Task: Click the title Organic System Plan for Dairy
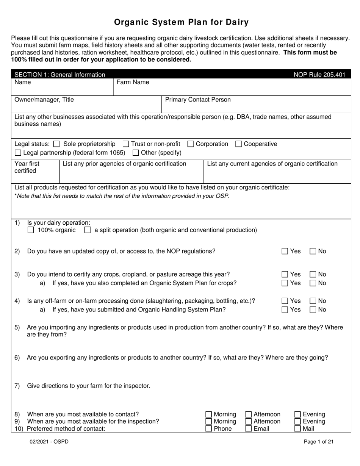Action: (x=182, y=22)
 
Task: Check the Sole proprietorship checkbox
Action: (x=57, y=144)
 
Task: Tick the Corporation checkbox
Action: (x=191, y=144)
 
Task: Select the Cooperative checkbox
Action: (x=239, y=144)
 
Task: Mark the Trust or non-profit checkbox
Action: (x=126, y=144)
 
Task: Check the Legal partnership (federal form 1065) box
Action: (x=18, y=153)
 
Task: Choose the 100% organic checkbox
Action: (x=31, y=230)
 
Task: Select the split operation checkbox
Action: (x=88, y=230)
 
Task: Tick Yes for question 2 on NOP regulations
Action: (x=285, y=251)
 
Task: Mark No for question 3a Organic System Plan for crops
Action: (x=313, y=283)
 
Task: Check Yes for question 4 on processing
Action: (x=285, y=301)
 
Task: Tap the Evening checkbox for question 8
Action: (x=298, y=414)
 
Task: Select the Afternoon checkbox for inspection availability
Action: (x=249, y=422)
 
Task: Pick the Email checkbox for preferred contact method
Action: (x=249, y=429)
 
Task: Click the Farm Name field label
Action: (x=133, y=82)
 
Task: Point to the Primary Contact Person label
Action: (x=198, y=100)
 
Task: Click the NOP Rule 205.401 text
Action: (x=319, y=75)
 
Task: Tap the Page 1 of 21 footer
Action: (x=319, y=441)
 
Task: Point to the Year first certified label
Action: (x=27, y=167)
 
